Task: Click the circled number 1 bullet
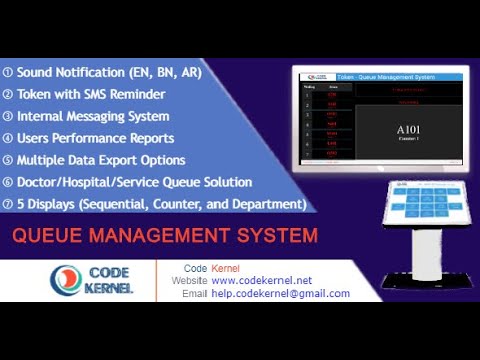(x=8, y=72)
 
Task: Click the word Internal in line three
(x=46, y=116)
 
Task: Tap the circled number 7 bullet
(x=8, y=204)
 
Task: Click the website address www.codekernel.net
(x=262, y=281)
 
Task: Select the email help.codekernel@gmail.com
(x=281, y=294)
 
